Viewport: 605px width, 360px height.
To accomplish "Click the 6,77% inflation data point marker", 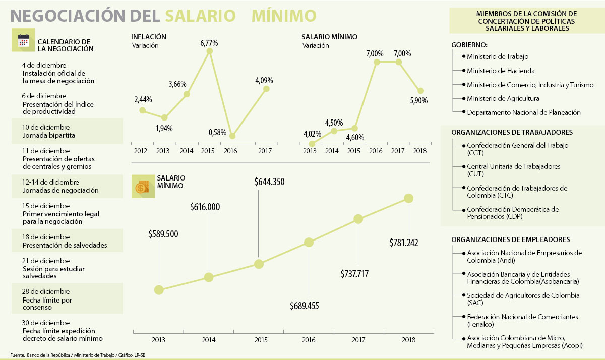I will [x=209, y=51].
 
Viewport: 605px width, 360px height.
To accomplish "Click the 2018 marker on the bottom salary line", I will [x=409, y=199].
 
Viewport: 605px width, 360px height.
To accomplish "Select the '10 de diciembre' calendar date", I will [x=46, y=127].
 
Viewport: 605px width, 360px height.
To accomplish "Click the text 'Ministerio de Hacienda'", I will [x=501, y=71].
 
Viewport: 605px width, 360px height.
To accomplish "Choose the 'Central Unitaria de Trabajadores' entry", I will [x=513, y=166].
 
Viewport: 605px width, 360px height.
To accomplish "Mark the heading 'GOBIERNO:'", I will [x=469, y=44].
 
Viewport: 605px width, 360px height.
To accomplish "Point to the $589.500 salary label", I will [x=163, y=234].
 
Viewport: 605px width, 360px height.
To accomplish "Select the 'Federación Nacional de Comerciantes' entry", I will [x=522, y=317].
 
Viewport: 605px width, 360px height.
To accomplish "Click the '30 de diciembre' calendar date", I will [x=46, y=323].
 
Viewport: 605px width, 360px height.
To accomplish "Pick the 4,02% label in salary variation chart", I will [x=312, y=134].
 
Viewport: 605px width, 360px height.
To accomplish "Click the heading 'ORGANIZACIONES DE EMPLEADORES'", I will [x=510, y=239].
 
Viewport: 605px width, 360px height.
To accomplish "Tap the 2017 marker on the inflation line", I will [x=266, y=89].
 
